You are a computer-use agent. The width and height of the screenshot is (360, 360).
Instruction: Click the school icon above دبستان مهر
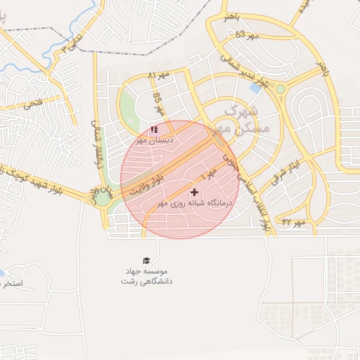coord(155,129)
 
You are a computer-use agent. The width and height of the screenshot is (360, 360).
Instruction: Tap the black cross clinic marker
coord(194,191)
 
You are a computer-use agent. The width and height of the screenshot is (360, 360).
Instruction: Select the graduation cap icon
coord(146,259)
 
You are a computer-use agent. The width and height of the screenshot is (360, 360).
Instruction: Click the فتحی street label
coord(32,105)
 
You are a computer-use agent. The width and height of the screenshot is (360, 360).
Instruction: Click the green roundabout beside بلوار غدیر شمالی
coord(281,89)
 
